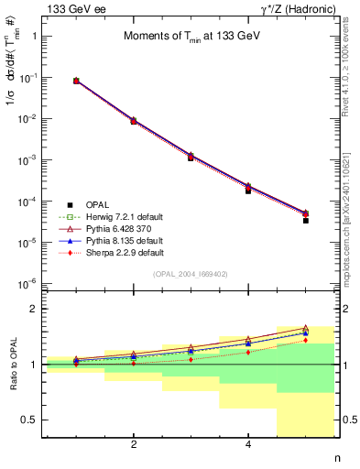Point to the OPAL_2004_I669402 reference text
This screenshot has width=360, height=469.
(x=191, y=274)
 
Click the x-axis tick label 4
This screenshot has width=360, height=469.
(x=248, y=445)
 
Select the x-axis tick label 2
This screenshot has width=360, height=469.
(x=134, y=445)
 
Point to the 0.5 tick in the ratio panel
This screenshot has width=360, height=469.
(x=31, y=420)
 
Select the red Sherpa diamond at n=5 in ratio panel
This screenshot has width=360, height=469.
(x=306, y=341)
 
